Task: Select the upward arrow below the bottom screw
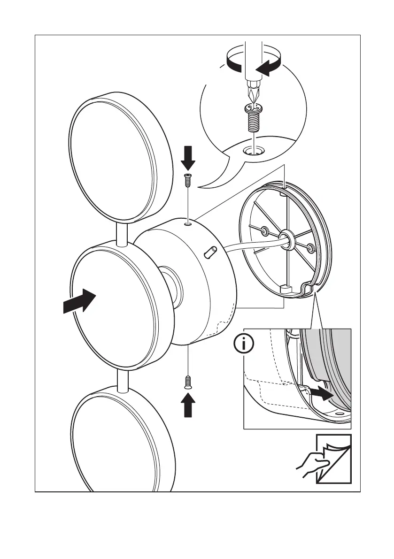click(x=188, y=404)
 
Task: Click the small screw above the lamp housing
click(x=188, y=179)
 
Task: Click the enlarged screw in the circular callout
click(x=253, y=117)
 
